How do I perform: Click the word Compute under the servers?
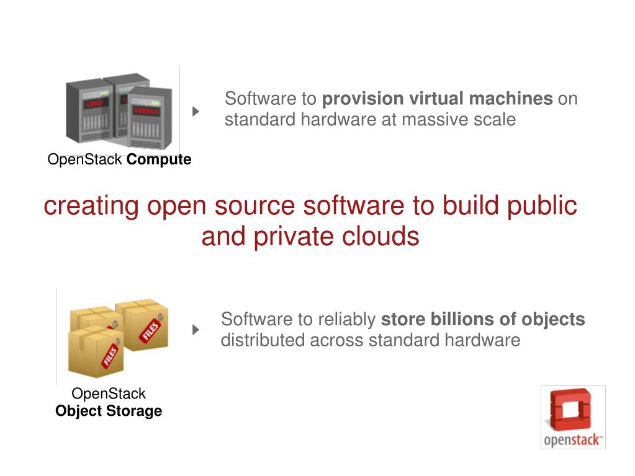click(x=159, y=160)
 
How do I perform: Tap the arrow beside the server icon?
click(x=196, y=112)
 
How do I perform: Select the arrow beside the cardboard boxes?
click(x=196, y=330)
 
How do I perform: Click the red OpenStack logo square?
click(x=572, y=409)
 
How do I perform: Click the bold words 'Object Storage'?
click(x=109, y=411)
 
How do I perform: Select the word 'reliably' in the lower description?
click(x=347, y=320)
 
